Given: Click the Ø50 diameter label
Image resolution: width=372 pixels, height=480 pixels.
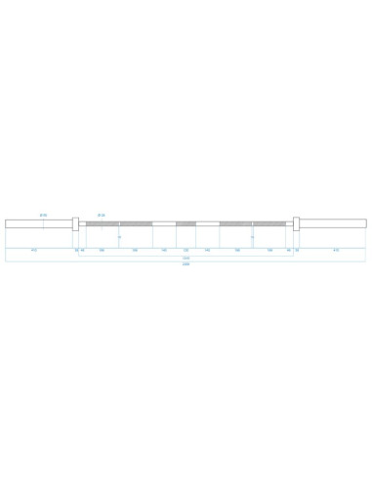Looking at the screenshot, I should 43,215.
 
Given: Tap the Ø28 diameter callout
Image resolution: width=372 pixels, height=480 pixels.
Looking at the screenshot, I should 101,215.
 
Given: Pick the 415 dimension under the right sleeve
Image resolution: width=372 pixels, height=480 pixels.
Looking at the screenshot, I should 336,250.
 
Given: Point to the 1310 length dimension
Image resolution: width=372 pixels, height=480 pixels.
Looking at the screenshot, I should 186,258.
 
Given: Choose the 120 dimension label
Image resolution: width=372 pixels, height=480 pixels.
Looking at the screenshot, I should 186,250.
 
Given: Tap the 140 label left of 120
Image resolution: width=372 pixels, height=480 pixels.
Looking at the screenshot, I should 164,250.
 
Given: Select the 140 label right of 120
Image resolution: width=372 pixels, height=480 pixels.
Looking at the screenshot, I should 207,250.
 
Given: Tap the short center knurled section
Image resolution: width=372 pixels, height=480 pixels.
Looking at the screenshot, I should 186,224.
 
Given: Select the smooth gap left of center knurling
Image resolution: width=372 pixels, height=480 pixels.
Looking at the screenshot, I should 164,224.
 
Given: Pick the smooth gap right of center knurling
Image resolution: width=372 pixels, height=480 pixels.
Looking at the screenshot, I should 207,224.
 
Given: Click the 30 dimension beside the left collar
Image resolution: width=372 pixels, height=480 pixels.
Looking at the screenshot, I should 75,250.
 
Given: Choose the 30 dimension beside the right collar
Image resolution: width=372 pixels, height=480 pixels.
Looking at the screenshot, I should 297,250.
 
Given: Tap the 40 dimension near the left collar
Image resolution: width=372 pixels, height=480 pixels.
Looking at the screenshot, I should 83,250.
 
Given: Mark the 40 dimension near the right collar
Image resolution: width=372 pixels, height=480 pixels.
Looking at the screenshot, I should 289,250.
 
